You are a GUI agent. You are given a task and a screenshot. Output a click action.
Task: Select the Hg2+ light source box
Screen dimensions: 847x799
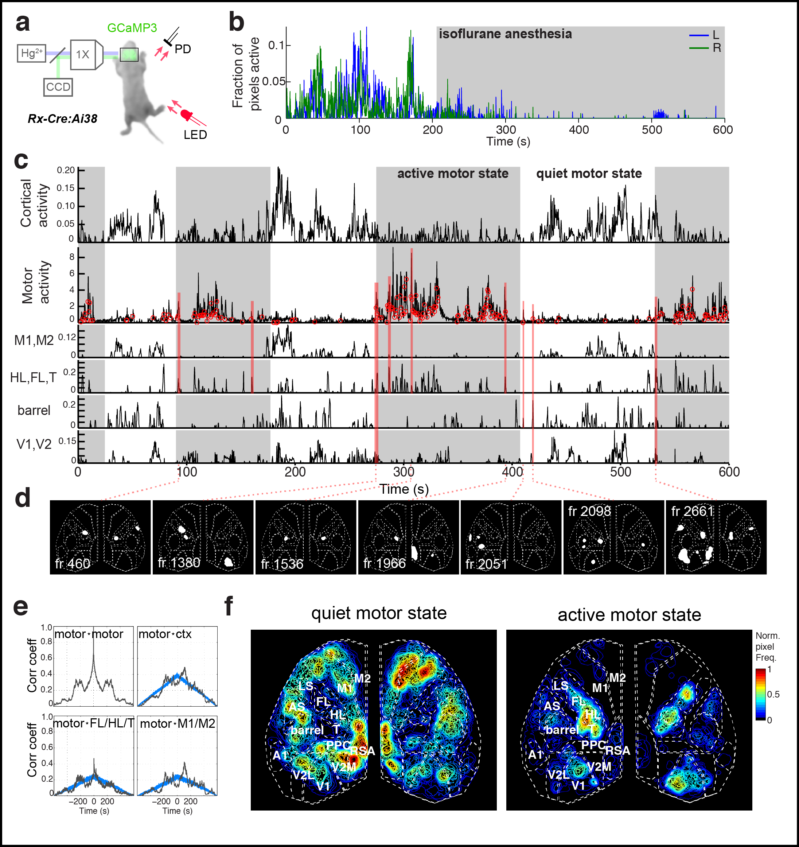coord(31,53)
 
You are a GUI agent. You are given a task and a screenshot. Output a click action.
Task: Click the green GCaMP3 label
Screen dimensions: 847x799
coord(132,28)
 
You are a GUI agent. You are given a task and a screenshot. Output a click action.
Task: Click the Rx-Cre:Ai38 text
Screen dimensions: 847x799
coord(62,118)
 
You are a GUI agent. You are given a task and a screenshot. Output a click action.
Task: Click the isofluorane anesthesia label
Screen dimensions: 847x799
coord(505,34)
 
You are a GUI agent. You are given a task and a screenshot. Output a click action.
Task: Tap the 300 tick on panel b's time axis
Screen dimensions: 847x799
coord(506,129)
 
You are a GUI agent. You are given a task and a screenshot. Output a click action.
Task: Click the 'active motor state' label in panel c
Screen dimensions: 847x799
coord(452,174)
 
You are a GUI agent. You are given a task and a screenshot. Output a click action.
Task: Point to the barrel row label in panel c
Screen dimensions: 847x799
coord(34,410)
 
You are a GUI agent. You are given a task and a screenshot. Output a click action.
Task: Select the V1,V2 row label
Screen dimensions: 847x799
coord(34,444)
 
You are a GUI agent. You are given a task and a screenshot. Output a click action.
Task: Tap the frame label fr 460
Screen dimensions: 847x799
coord(73,564)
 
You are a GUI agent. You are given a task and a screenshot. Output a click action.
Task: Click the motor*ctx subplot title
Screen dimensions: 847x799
coord(165,634)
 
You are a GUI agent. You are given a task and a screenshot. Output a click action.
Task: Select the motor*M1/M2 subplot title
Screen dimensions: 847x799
coord(177,723)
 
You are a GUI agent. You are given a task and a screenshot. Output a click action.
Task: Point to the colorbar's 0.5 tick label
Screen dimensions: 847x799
coord(773,695)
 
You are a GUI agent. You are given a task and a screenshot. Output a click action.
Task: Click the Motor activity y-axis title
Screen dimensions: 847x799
coord(36,282)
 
